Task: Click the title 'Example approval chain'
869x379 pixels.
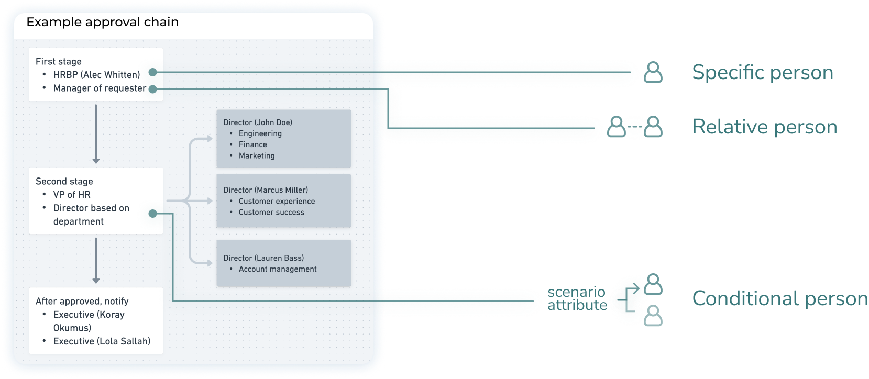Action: pos(103,22)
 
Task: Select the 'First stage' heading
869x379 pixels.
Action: pos(59,61)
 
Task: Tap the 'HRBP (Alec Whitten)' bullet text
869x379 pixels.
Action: pos(96,75)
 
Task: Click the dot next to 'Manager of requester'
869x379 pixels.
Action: pos(152,89)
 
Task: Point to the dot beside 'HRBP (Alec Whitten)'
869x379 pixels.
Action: pos(152,72)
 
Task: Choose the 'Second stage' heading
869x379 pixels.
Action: pos(64,181)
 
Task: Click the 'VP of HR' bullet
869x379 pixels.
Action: pos(72,195)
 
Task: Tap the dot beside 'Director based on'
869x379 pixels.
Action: pos(152,214)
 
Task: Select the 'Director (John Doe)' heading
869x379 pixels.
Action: pos(258,122)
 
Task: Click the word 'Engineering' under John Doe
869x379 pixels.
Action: pos(260,133)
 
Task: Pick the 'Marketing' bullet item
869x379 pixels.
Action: pos(257,155)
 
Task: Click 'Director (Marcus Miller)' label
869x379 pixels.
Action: pos(266,190)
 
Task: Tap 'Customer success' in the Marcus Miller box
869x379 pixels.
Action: pos(271,212)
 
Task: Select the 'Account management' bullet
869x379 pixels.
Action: pos(278,269)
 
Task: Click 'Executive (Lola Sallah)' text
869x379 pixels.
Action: pos(102,341)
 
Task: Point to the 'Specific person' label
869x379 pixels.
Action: pos(763,72)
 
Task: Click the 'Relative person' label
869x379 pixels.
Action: pos(765,127)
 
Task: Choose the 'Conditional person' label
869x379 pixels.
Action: pos(780,298)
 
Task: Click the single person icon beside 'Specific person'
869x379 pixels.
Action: pos(653,72)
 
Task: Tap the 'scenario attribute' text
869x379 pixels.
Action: pos(577,298)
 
